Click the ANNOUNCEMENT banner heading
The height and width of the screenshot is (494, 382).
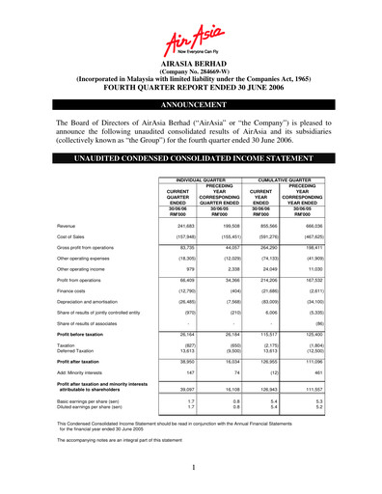point(191,101)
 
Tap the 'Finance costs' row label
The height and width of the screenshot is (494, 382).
point(76,317)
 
